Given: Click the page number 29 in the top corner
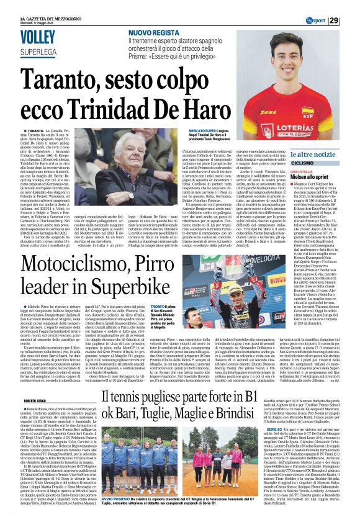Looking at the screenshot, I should [x=351, y=20].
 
